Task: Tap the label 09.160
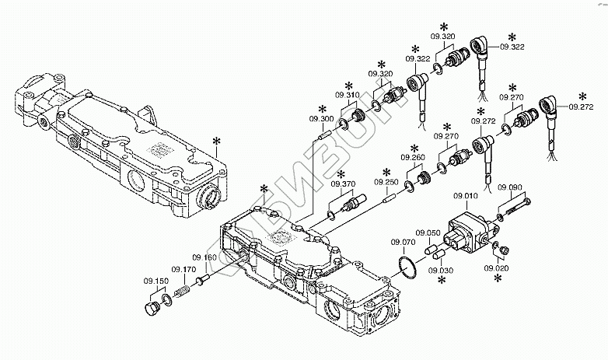coord(205,257)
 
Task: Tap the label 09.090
coord(509,187)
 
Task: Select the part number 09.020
coord(495,268)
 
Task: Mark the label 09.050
coord(428,232)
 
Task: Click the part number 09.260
coord(414,158)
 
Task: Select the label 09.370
coord(343,184)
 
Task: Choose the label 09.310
coord(348,95)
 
